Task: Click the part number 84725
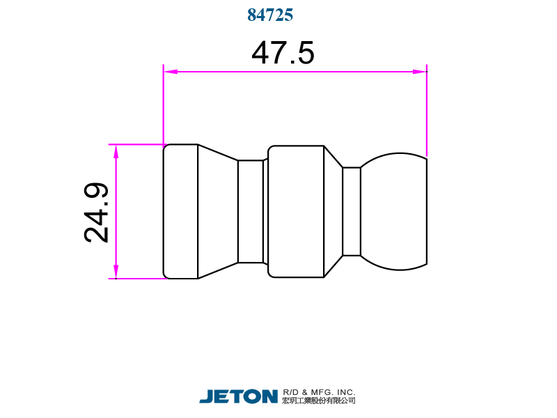coord(270,15)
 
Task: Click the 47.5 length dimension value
coord(283,53)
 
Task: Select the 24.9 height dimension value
coord(97,212)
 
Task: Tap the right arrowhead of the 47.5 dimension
coord(419,71)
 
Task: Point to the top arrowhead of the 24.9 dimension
coord(116,151)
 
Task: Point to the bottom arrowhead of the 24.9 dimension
coord(116,272)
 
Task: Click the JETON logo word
coord(238,396)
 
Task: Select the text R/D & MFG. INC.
coord(319,392)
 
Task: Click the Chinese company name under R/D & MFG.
coord(319,401)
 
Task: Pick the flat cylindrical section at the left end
coord(180,211)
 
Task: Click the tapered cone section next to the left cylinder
coord(217,211)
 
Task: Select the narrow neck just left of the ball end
coord(352,211)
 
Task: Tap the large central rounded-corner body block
coord(296,211)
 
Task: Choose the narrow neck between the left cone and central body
coord(251,211)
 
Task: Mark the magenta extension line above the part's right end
coord(426,111)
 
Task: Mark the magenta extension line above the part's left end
coord(163,104)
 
